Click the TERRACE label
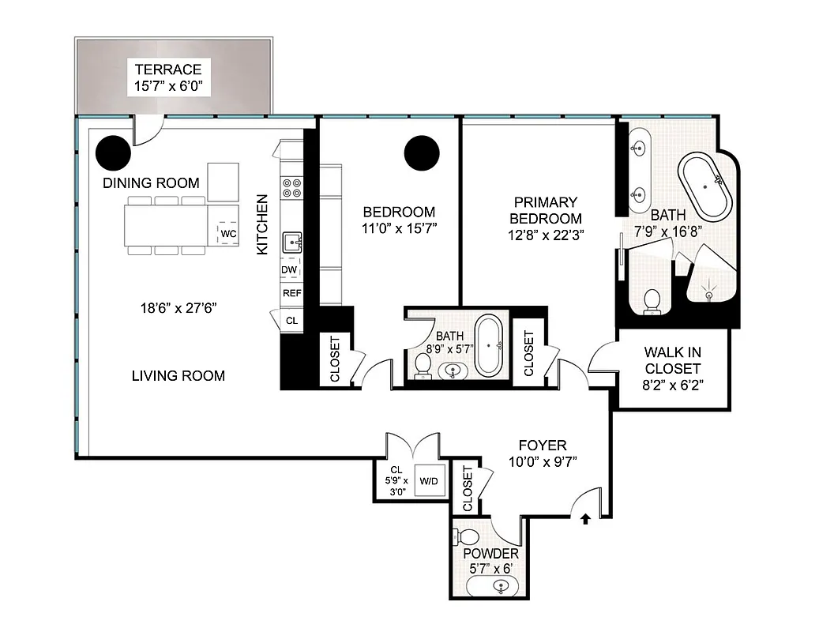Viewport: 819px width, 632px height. tap(167, 70)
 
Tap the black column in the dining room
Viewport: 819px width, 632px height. tap(114, 152)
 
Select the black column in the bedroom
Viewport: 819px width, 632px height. tap(422, 152)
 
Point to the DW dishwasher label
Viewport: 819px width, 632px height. tap(289, 270)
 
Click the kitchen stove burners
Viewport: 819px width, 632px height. tap(291, 186)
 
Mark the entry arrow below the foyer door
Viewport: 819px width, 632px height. tap(585, 519)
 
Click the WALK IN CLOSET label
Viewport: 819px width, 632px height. tap(672, 360)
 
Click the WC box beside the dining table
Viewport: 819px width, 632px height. tap(229, 234)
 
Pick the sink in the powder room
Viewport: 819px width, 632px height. tap(500, 587)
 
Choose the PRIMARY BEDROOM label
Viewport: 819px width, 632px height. tap(546, 210)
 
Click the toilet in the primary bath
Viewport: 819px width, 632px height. tap(652, 301)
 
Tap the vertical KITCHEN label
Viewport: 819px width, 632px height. tap(262, 224)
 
